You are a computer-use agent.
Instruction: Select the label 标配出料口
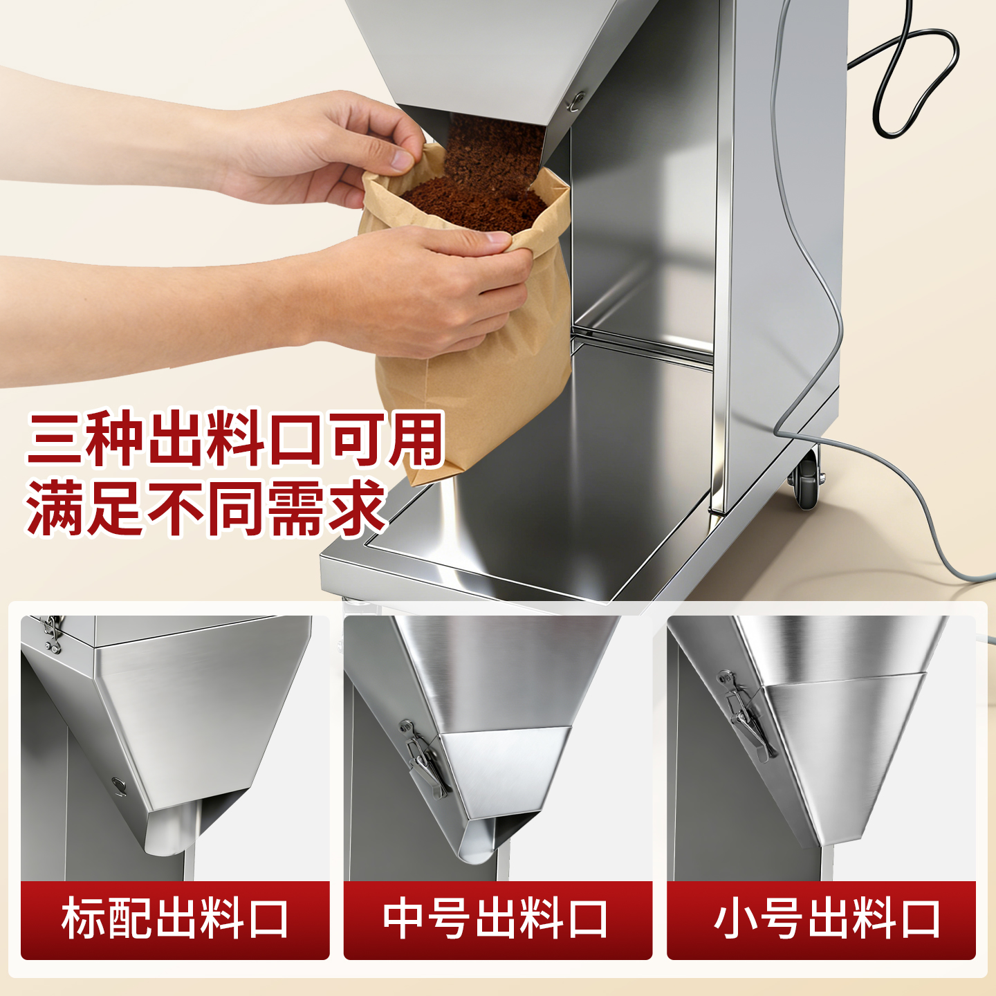tap(175, 919)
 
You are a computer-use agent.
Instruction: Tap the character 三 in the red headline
tap(55, 439)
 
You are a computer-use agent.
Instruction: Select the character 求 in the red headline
tap(357, 508)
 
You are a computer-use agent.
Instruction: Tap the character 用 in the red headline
tap(416, 439)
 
